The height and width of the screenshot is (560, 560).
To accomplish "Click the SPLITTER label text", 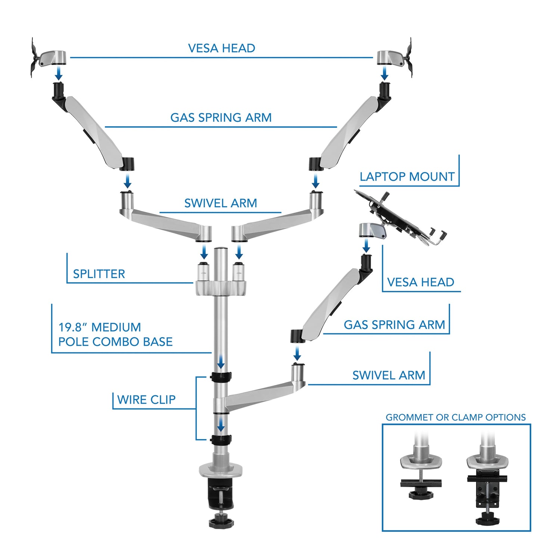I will click(x=99, y=274).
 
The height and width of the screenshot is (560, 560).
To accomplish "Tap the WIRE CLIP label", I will click(x=146, y=399).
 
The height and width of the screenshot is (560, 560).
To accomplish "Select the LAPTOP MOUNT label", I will click(x=407, y=176).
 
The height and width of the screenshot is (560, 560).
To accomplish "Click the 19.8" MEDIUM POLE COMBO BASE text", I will click(x=115, y=335).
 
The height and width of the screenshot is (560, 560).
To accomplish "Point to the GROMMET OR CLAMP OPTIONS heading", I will click(x=455, y=417).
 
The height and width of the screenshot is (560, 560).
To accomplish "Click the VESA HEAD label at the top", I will click(x=221, y=48).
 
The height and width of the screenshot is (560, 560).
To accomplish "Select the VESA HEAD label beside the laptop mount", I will click(x=420, y=282).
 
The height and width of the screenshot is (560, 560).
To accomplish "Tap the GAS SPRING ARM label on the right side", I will click(x=394, y=324).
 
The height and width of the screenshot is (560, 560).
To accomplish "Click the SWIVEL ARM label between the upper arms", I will click(x=221, y=203).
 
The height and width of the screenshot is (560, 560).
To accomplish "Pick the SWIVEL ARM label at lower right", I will click(x=389, y=375).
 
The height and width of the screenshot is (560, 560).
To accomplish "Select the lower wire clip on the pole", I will click(x=221, y=439).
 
